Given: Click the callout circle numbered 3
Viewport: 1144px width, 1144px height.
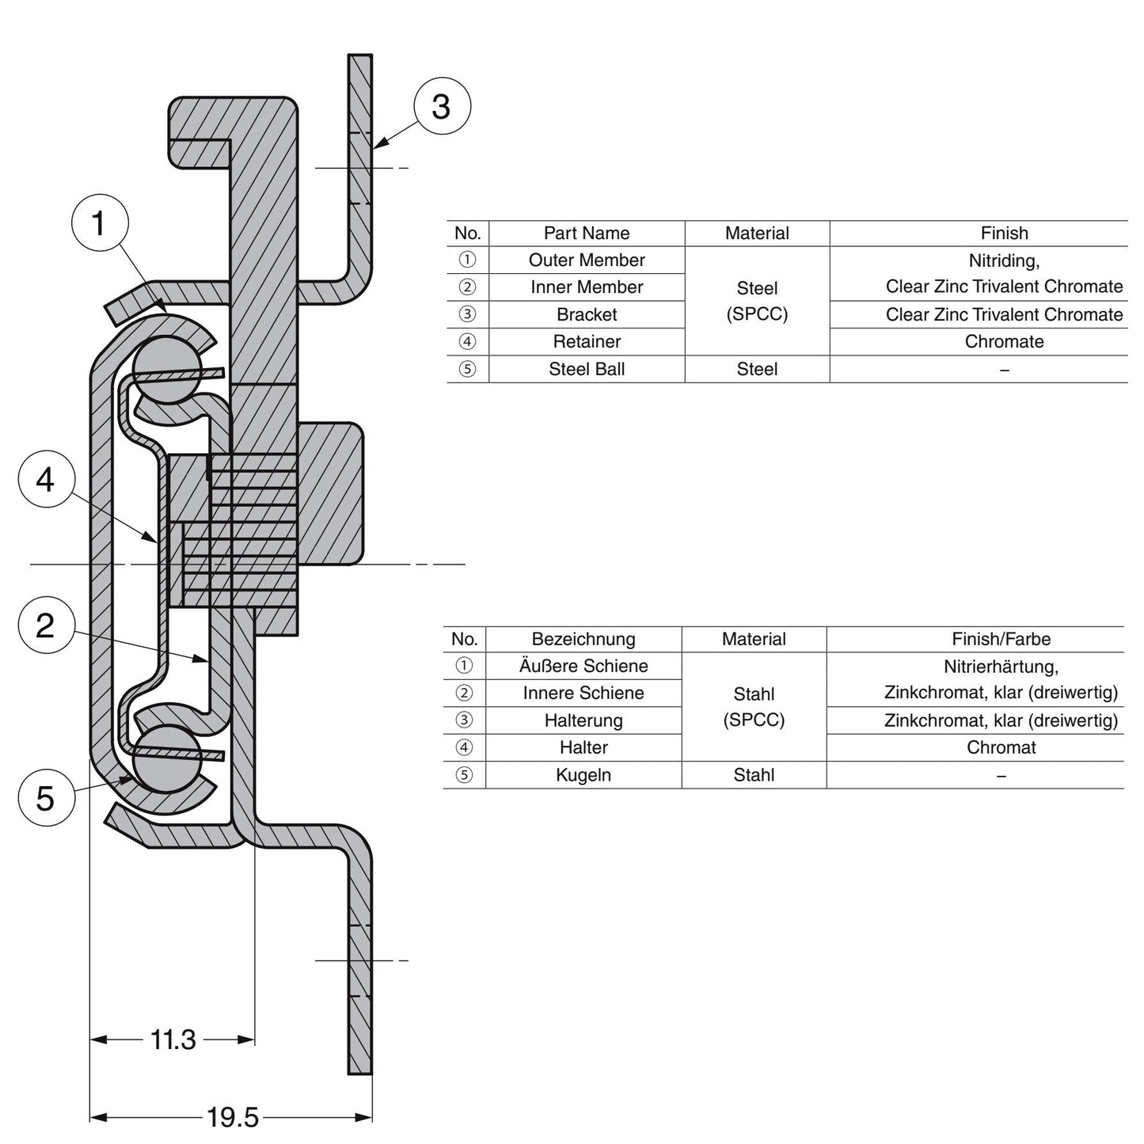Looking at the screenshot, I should pyautogui.click(x=442, y=106).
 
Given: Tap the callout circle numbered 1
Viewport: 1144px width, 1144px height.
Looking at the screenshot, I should pyautogui.click(x=100, y=223).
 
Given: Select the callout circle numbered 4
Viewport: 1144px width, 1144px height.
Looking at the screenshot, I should pyautogui.click(x=46, y=480).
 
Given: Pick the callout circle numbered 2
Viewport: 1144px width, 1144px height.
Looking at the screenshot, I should pyautogui.click(x=46, y=625).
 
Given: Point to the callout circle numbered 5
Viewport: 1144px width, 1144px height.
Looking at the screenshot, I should pyautogui.click(x=46, y=798).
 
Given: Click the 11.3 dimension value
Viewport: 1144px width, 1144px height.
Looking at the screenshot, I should pyautogui.click(x=173, y=1039).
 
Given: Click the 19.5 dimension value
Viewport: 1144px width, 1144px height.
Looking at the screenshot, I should pyautogui.click(x=232, y=1118).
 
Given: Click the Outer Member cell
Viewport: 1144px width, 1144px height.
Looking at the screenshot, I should pyautogui.click(x=587, y=260).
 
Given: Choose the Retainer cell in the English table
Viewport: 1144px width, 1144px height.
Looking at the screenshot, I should pyautogui.click(x=587, y=342).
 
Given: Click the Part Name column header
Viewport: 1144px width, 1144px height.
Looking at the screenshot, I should pyautogui.click(x=587, y=234).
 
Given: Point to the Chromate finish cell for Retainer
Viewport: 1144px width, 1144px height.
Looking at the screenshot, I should pyautogui.click(x=1004, y=342).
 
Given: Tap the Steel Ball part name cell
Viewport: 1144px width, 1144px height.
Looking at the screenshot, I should pyautogui.click(x=587, y=370).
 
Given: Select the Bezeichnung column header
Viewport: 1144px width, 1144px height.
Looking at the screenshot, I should pyautogui.click(x=583, y=640).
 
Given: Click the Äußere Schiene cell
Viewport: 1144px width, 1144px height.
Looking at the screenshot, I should pyautogui.click(x=583, y=667).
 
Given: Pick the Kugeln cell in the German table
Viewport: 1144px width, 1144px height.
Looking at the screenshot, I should pyautogui.click(x=583, y=775).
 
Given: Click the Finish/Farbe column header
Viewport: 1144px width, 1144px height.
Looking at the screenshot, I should pyautogui.click(x=1001, y=640).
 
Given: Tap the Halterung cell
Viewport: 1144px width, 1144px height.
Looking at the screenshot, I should pyautogui.click(x=583, y=721).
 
